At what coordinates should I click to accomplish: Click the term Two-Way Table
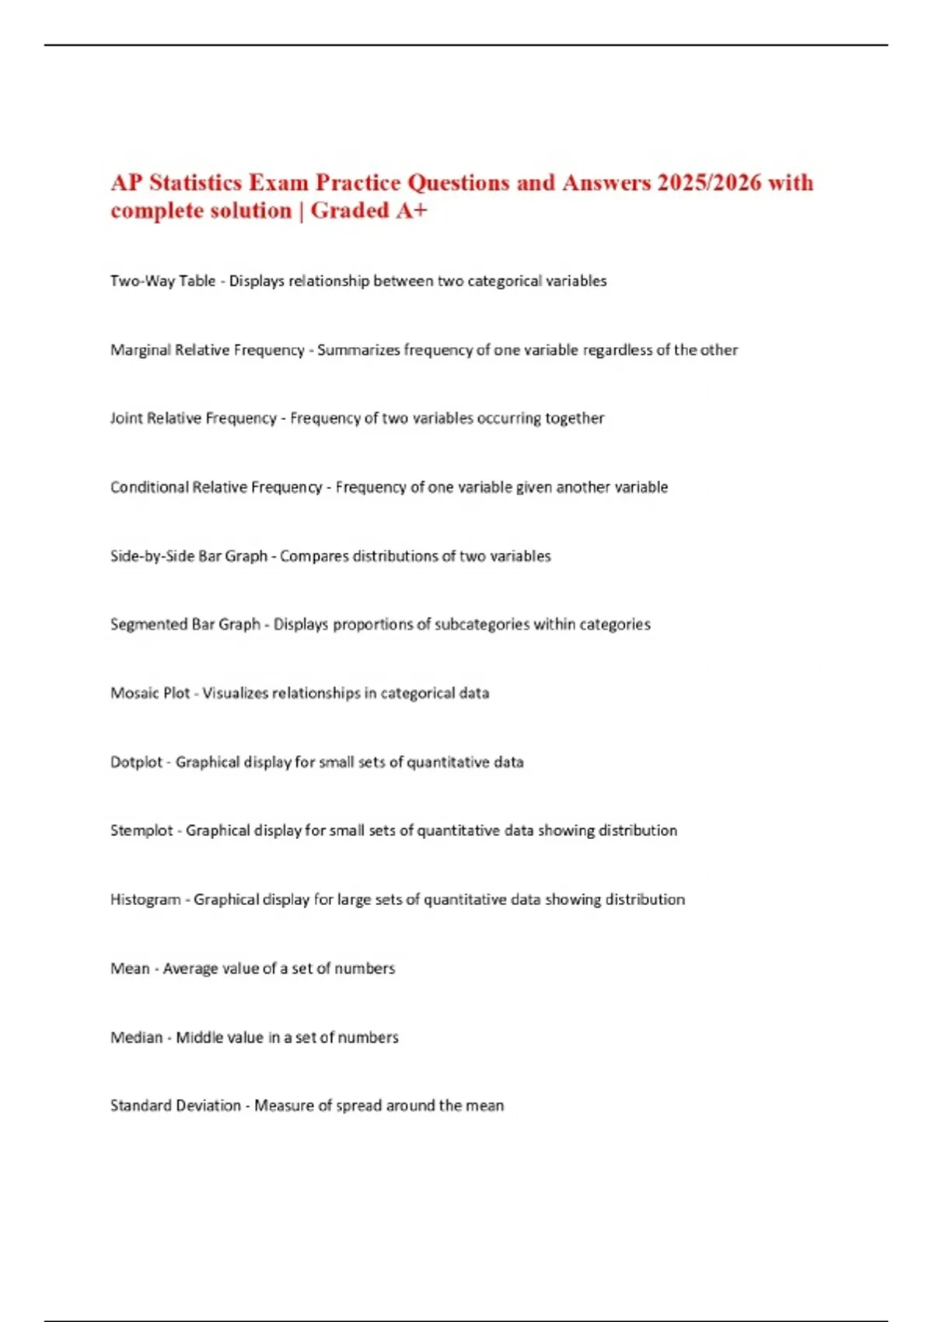[162, 281]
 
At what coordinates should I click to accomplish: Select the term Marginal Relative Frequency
[207, 350]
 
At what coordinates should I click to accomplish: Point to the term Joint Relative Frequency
[193, 418]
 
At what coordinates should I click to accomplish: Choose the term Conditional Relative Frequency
[215, 488]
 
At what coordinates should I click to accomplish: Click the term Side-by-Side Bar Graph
[188, 556]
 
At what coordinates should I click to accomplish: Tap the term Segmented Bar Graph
[185, 624]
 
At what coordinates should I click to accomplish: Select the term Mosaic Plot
[150, 693]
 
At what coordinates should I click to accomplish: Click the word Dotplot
[136, 762]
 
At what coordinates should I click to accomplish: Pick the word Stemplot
[142, 831]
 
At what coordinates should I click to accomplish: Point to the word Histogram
[145, 900]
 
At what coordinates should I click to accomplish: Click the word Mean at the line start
[130, 968]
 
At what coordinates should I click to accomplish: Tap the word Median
[136, 1037]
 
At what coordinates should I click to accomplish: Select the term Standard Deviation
[175, 1106]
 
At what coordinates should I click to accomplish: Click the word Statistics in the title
[195, 183]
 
